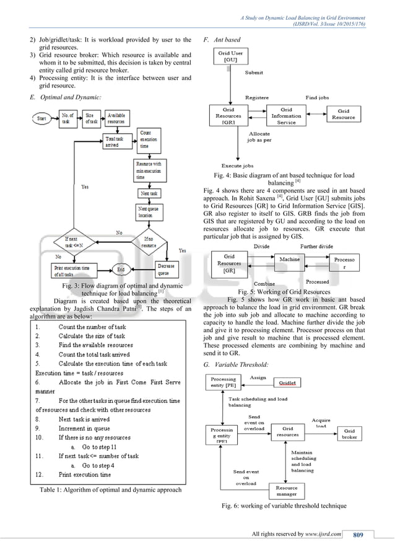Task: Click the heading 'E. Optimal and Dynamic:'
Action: [65, 97]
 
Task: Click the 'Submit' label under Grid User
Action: [253, 73]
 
